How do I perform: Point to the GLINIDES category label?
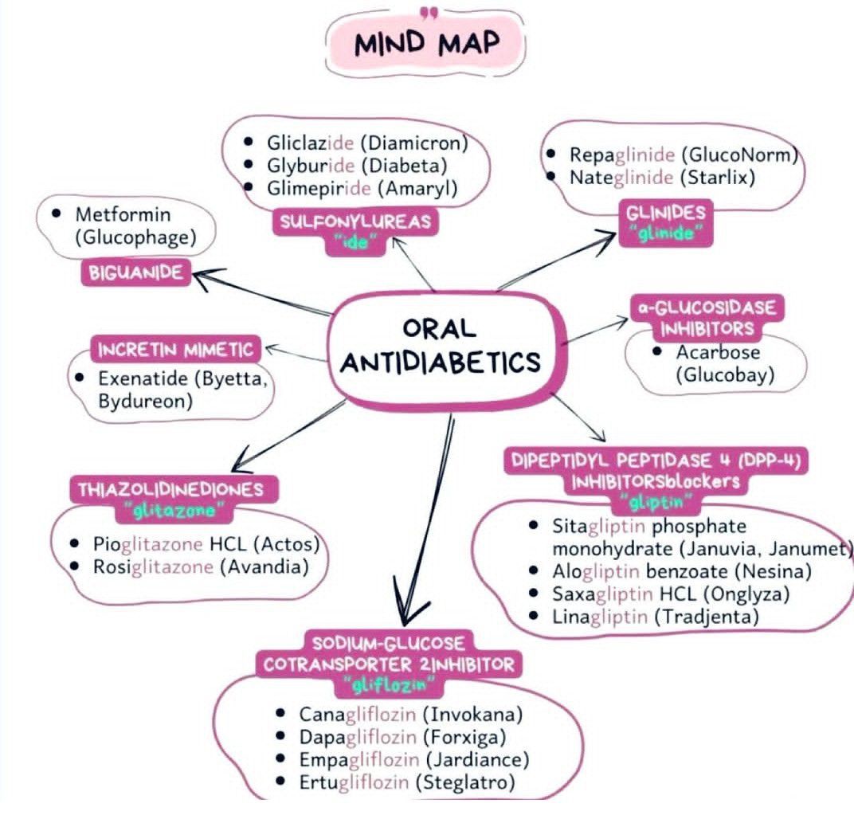pos(666,213)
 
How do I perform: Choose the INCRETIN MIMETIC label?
pos(176,349)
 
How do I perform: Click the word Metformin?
pos(123,214)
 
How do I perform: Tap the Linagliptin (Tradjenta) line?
pos(656,615)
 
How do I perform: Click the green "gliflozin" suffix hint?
pos(386,684)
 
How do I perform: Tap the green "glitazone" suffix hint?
pos(169,511)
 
